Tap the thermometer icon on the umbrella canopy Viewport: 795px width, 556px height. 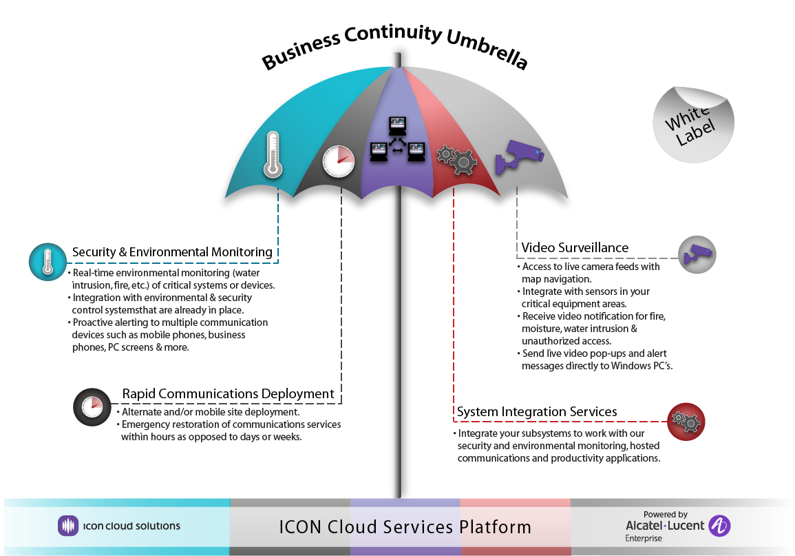pyautogui.click(x=273, y=155)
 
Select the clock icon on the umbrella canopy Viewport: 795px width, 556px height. pyautogui.click(x=338, y=162)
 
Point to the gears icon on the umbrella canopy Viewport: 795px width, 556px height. pyautogui.click(x=458, y=160)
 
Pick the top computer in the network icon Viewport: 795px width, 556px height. pyautogui.click(x=397, y=125)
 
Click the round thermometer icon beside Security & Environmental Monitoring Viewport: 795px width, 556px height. pyautogui.click(x=47, y=261)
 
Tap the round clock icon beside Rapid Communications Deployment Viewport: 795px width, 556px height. pyautogui.click(x=92, y=406)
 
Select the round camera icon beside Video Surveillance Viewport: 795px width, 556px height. pyautogui.click(x=697, y=254)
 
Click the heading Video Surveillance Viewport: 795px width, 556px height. pyautogui.click(x=575, y=247)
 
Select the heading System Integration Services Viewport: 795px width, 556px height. pyautogui.click(x=537, y=412)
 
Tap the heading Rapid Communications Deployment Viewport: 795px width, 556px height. pyautogui.click(x=228, y=394)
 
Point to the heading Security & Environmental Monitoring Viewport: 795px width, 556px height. pyautogui.click(x=172, y=252)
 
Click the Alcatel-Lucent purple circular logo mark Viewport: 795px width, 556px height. pyautogui.click(x=719, y=526)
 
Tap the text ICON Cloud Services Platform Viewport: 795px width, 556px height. pyautogui.click(x=405, y=527)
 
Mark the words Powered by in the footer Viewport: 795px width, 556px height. pyautogui.click(x=665, y=514)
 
